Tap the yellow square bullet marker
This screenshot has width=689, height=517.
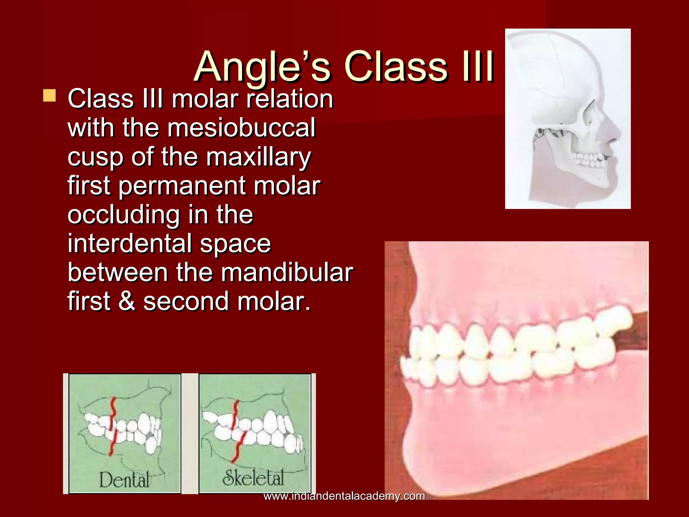coord(49,96)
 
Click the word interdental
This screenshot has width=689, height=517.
coord(130,243)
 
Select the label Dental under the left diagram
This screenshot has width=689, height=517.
coord(124,480)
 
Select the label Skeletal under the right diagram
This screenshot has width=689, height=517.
coord(253,478)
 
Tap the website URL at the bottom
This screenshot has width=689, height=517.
coord(344,496)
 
